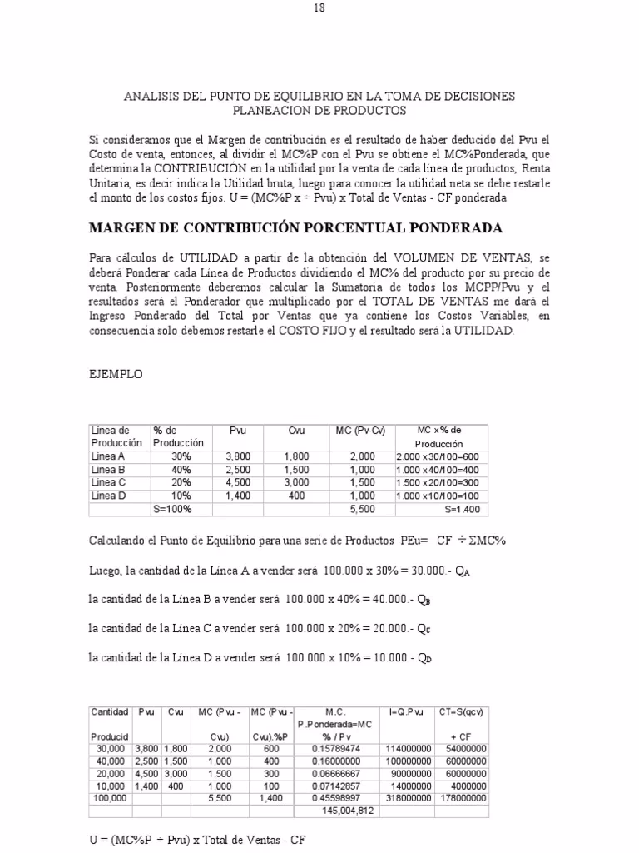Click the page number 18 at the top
point(319,8)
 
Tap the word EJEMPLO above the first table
point(116,374)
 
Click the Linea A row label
point(108,456)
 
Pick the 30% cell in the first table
point(181,456)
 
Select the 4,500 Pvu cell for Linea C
point(238,482)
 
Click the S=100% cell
point(172,509)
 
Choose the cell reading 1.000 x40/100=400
point(442,470)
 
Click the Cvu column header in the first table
point(296,430)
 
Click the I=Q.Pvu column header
point(407,711)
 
